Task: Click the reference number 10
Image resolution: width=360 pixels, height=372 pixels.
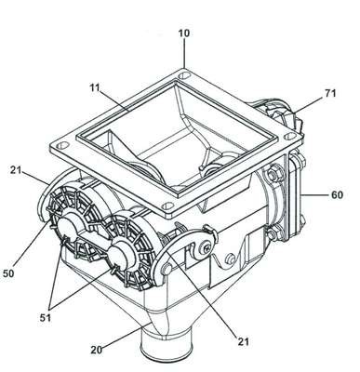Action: coord(184,33)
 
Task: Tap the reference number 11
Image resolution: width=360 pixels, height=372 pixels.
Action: coord(95,87)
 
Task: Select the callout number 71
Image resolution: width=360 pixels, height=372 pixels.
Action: coord(330,93)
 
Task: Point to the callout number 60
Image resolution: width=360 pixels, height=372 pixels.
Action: coord(337,195)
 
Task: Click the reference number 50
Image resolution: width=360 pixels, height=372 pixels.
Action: coord(8,273)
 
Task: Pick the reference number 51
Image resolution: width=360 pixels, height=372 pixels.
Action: coord(45,318)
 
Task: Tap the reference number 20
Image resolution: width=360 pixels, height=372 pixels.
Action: coord(97,350)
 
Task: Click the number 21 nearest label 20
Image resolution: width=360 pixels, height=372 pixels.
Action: coord(244,341)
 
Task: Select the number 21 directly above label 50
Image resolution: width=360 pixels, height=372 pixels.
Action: coord(16,169)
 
